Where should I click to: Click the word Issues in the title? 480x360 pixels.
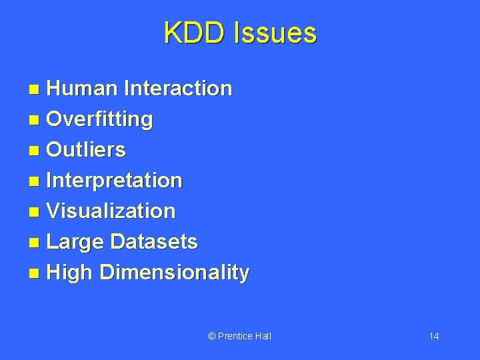(x=275, y=33)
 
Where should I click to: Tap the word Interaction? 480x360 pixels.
(x=178, y=88)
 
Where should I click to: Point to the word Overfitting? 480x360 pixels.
(x=100, y=119)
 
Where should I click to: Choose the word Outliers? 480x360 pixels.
(x=86, y=150)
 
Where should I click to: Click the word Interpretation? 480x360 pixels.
(x=115, y=181)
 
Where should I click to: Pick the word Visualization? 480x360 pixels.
(x=111, y=211)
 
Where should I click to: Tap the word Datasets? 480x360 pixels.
(x=154, y=242)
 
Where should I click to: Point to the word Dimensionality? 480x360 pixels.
(x=175, y=273)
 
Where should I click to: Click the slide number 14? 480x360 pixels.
(x=434, y=336)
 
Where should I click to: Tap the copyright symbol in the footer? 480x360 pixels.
(x=212, y=336)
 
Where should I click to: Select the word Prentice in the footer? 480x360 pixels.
(x=235, y=336)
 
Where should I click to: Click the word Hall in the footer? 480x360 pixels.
(x=263, y=336)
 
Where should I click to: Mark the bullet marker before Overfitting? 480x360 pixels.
(x=35, y=121)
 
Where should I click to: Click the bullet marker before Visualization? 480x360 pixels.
(x=35, y=213)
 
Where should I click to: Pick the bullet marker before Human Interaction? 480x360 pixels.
(x=35, y=89)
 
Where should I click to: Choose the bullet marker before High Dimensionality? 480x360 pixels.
(x=35, y=274)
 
